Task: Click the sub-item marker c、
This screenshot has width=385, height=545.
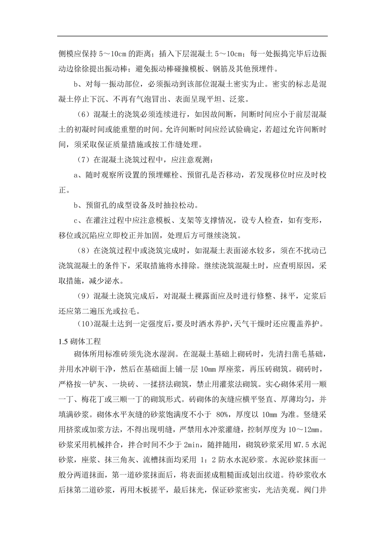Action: (x=78, y=220)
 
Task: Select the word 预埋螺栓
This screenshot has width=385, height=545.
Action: (x=165, y=175)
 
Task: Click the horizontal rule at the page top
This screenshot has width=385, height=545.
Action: (x=192, y=36)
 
